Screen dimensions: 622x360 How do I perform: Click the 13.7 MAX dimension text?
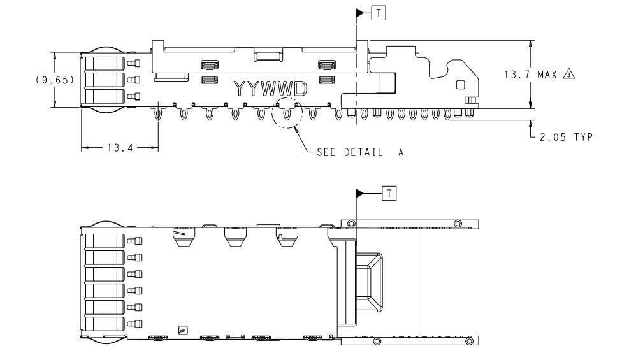pos(531,75)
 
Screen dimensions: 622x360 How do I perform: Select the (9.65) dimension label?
pos(55,80)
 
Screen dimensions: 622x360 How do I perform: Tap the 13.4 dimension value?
pos(120,148)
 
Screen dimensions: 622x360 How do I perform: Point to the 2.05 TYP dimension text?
pos(566,138)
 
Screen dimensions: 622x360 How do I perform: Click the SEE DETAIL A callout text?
pos(360,152)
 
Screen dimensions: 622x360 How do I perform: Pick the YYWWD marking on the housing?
pos(271,89)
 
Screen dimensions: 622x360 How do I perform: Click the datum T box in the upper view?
pos(379,13)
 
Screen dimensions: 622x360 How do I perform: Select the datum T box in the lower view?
pos(389,194)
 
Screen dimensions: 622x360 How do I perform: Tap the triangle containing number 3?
pos(569,75)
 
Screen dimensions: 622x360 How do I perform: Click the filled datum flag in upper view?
pos(360,13)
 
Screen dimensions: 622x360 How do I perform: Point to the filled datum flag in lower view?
pos(360,194)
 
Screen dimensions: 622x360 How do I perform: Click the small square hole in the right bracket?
pos(460,85)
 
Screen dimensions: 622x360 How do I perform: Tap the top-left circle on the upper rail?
pos(351,224)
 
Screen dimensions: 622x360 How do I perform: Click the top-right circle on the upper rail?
pos(458,224)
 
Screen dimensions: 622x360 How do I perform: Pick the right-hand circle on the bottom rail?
pos(469,341)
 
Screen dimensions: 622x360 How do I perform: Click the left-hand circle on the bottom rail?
pos(377,341)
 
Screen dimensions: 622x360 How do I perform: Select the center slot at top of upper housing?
pos(268,55)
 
